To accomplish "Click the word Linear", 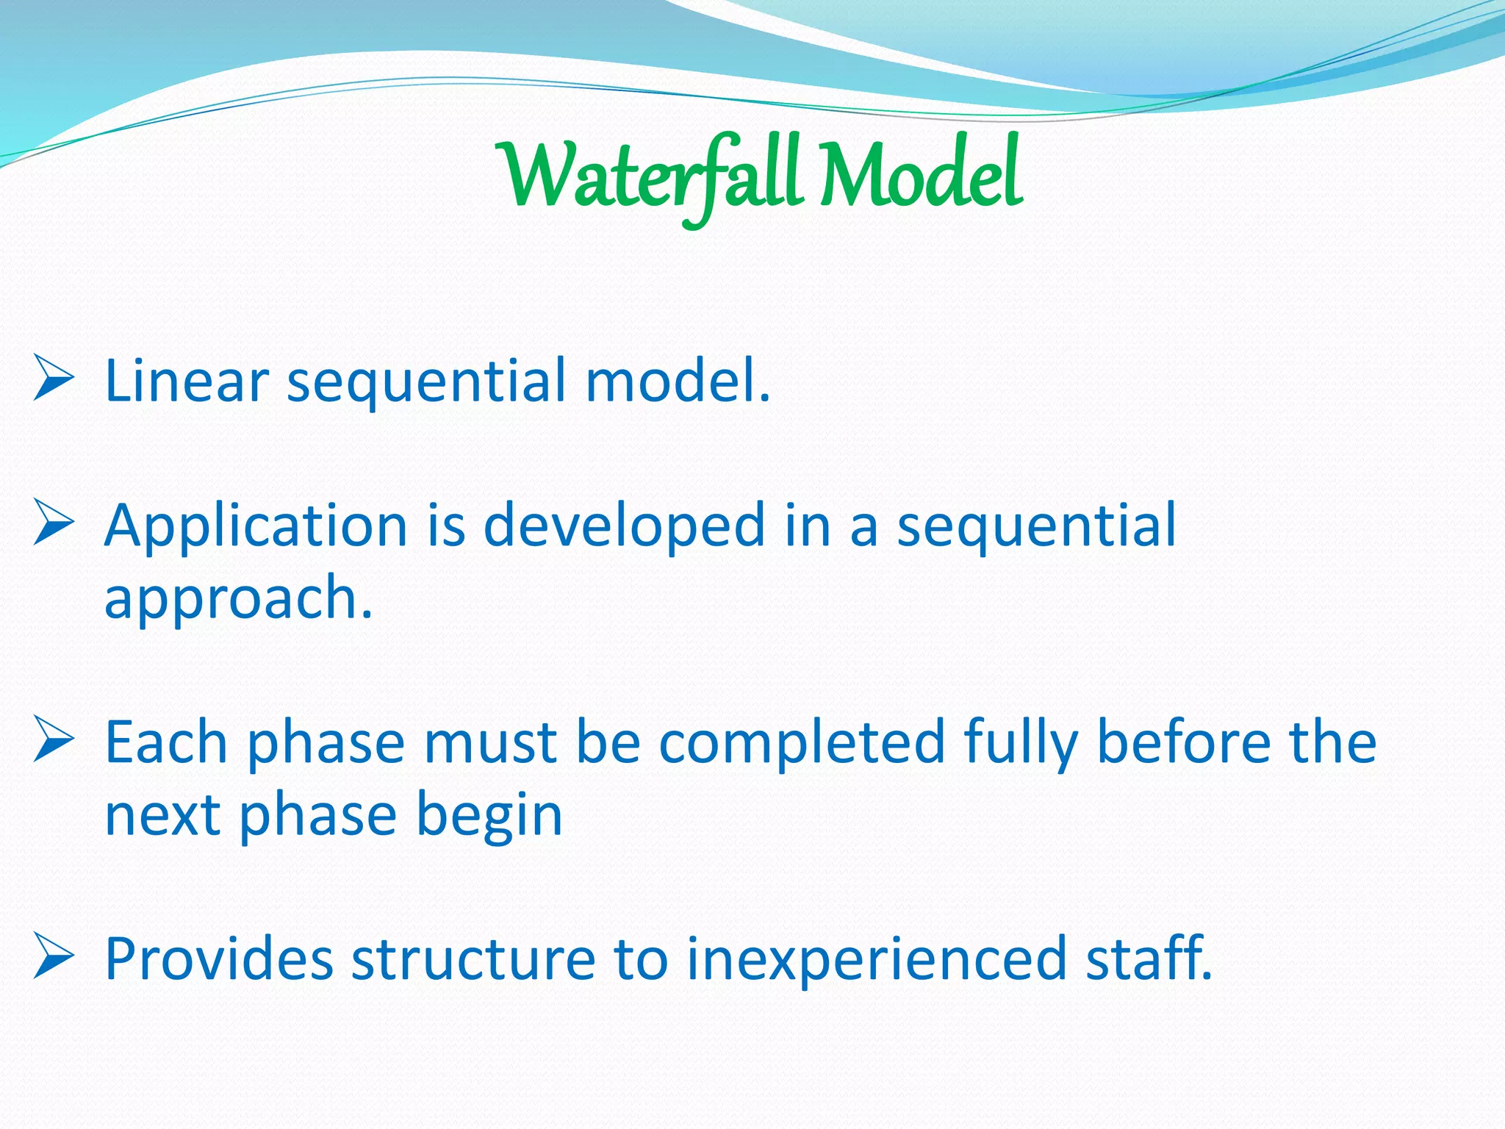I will (187, 381).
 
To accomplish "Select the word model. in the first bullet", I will (678, 381).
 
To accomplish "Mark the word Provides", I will (219, 959).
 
